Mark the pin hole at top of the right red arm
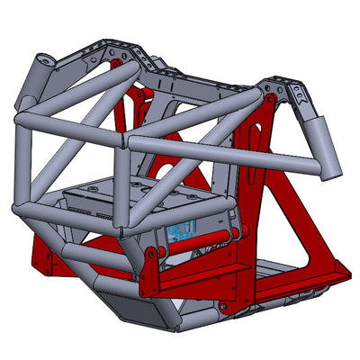point(270,95)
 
